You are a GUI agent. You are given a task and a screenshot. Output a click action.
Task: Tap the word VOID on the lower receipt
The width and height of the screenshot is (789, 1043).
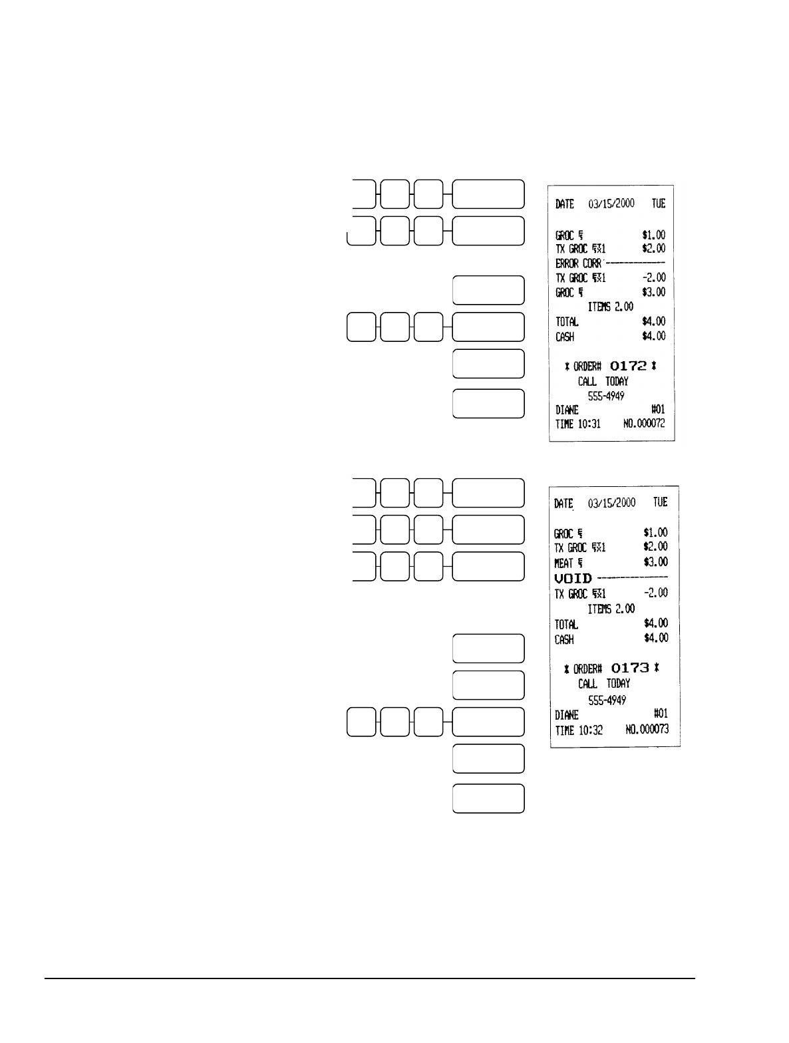(573, 579)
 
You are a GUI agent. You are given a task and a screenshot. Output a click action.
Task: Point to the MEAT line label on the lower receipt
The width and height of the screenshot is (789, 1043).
(563, 563)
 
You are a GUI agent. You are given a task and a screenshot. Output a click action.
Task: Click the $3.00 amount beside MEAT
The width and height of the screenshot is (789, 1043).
(655, 562)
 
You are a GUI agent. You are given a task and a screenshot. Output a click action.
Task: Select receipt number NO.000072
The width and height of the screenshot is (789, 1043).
(644, 424)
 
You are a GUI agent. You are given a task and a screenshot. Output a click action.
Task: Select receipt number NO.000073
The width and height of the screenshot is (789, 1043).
(647, 730)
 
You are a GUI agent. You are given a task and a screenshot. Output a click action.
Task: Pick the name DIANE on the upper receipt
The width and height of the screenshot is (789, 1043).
(567, 410)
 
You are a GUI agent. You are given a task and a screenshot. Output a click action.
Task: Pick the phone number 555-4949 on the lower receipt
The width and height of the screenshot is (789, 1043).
(607, 700)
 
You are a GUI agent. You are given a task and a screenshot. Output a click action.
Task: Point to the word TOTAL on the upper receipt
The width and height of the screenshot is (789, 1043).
(567, 322)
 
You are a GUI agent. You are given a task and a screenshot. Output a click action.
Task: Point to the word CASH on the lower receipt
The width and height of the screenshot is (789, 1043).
(564, 639)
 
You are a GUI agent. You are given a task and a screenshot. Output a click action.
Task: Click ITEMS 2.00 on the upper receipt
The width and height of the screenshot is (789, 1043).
(611, 307)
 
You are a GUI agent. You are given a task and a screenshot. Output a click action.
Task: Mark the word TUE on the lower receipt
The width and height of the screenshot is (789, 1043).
(659, 502)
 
